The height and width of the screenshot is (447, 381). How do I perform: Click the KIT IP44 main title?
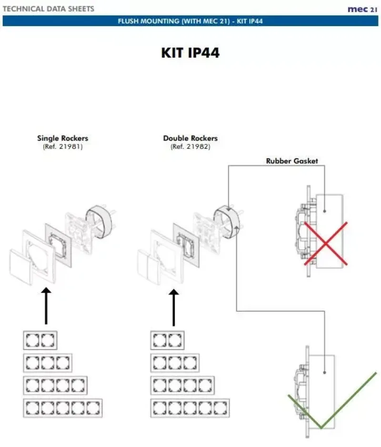click(190, 52)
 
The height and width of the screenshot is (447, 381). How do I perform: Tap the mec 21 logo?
click(362, 9)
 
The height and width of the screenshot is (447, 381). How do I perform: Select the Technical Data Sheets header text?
click(49, 9)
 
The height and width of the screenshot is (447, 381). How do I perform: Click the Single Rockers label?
click(62, 138)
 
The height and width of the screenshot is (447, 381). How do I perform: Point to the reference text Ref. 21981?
click(62, 147)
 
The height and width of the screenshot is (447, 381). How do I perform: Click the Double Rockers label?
click(190, 138)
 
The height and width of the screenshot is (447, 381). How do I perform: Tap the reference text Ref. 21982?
click(190, 147)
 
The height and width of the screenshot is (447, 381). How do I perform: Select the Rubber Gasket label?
click(291, 161)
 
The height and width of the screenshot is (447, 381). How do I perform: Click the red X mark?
click(325, 243)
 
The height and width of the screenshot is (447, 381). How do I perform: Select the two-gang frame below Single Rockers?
click(40, 340)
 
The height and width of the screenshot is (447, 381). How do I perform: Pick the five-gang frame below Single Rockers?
click(63, 408)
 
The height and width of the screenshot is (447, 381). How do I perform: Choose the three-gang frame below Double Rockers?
click(175, 363)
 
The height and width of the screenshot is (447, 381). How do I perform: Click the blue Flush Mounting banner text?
click(190, 21)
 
